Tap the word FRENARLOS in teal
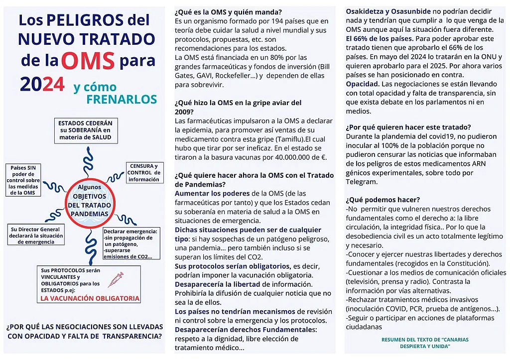(122, 99)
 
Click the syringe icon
(116, 280)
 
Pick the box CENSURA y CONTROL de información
(144, 173)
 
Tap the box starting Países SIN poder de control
(23, 180)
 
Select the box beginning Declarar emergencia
(131, 243)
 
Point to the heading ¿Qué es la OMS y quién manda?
(228, 12)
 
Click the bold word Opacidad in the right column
(363, 84)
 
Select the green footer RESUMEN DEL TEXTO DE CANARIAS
(425, 342)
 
